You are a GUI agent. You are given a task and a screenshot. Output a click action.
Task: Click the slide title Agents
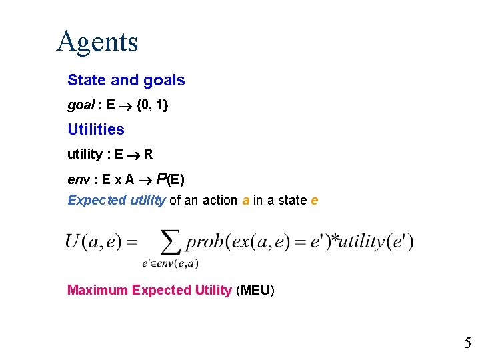[97, 41]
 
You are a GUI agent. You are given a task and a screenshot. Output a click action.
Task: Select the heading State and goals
[126, 81]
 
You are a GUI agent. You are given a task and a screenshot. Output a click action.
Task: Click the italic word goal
[81, 105]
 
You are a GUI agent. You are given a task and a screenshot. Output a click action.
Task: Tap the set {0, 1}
[152, 105]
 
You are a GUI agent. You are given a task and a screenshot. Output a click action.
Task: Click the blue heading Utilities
[96, 129]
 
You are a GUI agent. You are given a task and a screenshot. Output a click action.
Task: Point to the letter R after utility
[148, 155]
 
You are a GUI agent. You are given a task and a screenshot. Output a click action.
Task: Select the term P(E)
[171, 179]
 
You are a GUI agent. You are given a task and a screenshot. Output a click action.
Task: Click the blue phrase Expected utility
[117, 200]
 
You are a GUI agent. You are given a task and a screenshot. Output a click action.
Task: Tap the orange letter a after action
[246, 201]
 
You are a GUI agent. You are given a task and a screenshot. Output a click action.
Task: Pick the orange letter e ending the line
[314, 201]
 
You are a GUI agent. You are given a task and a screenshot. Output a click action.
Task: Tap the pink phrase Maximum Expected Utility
[149, 290]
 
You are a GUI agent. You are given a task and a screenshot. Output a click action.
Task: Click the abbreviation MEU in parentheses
[255, 290]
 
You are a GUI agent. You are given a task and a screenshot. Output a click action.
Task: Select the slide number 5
[467, 344]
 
